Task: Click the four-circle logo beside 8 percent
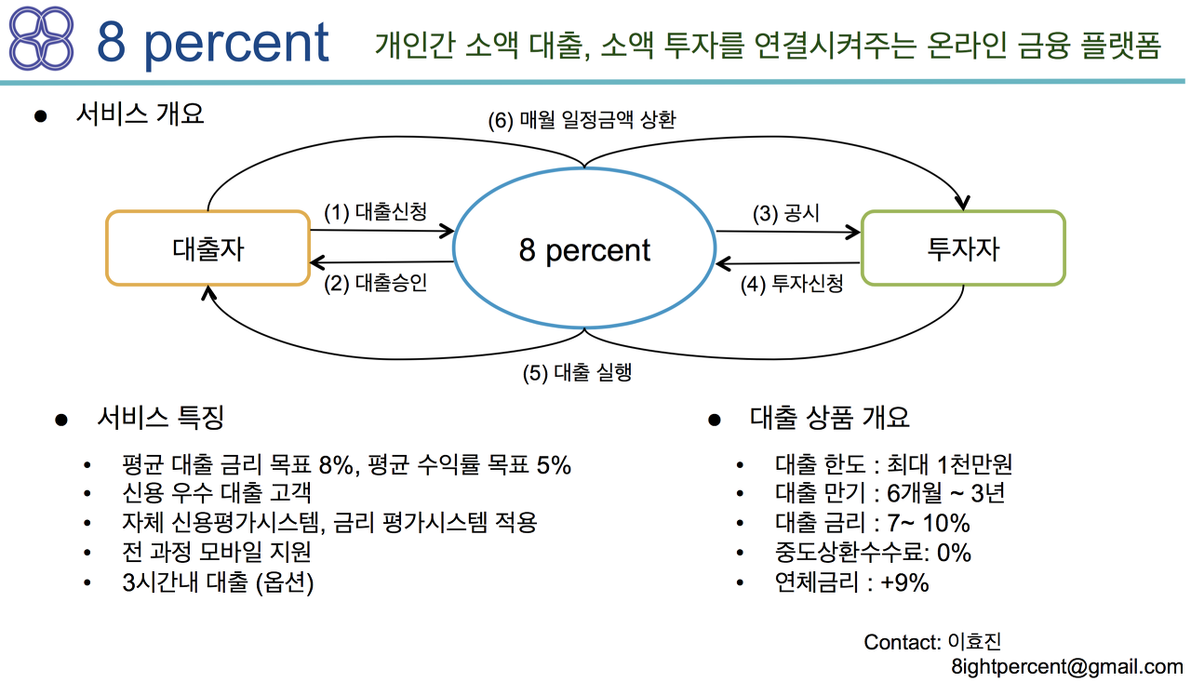tap(42, 38)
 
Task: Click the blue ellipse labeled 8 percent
tap(584, 168)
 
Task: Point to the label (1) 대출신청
tap(375, 212)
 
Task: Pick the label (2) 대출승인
tap(375, 283)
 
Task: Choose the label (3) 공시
tap(786, 214)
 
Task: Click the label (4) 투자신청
tap(792, 284)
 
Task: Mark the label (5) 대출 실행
tap(577, 372)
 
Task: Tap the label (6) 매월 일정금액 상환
tap(582, 120)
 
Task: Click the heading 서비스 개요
tap(140, 114)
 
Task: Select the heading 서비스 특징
tap(161, 417)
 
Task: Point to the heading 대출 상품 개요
tap(829, 417)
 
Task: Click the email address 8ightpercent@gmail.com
tap(1067, 666)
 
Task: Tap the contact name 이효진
tap(974, 642)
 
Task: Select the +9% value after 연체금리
tap(904, 582)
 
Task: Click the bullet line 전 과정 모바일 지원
tap(217, 552)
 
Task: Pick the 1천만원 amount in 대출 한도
tap(974, 464)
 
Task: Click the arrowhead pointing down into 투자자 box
tap(962, 203)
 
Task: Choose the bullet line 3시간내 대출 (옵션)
tap(218, 582)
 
